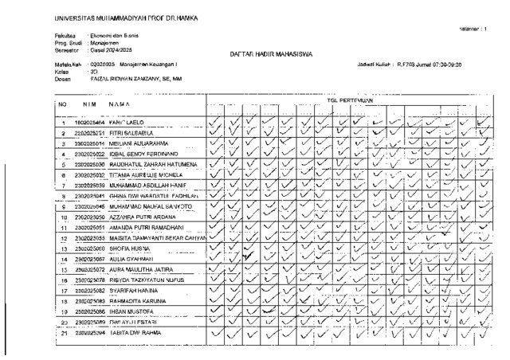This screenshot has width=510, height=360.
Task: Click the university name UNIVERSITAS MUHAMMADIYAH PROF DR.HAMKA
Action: click(126, 18)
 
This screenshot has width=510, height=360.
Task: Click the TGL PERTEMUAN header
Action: click(351, 100)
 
